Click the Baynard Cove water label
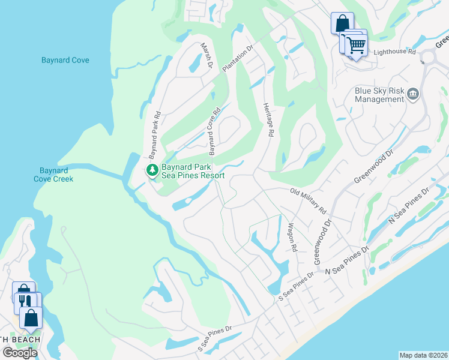(65, 61)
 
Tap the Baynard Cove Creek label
(53, 175)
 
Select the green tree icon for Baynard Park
(152, 170)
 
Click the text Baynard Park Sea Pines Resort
(192, 172)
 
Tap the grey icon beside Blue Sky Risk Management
(412, 94)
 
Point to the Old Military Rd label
(308, 202)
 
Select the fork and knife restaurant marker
(24, 301)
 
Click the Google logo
(20, 353)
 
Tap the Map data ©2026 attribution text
(423, 355)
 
